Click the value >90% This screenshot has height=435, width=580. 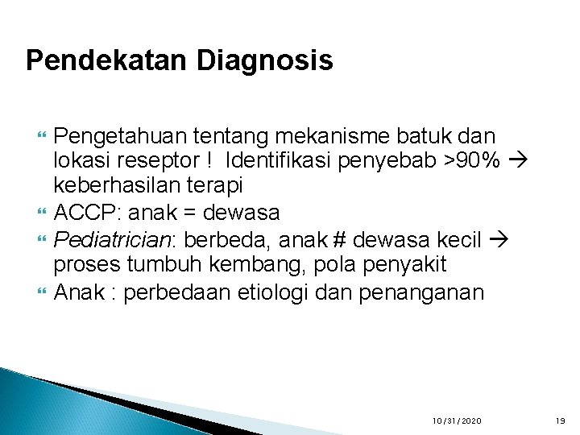pos(471,160)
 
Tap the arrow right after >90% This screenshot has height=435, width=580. pos(516,160)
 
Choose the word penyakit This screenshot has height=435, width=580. pos(398,264)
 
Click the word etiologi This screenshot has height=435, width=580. pos(273,291)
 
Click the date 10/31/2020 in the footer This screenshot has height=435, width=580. pos(457,421)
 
